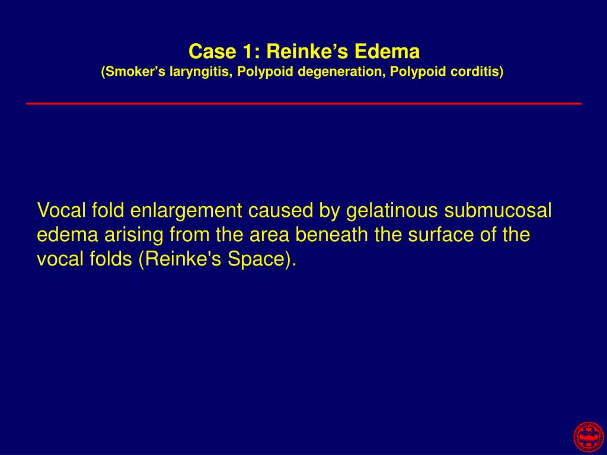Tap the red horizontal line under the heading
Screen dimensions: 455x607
pos(303,104)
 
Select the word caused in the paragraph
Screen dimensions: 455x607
pos(276,210)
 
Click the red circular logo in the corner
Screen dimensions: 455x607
pos(588,437)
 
